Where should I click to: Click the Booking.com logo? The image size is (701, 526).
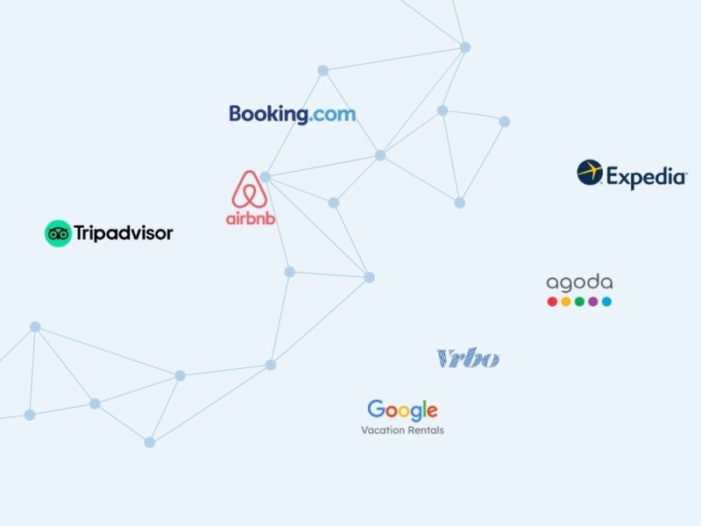coord(293,115)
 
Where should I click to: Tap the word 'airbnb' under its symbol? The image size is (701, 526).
coord(251,218)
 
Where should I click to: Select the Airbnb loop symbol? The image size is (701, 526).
coord(250,189)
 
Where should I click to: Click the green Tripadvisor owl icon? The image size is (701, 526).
coord(58,233)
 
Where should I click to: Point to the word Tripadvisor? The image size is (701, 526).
coord(124,233)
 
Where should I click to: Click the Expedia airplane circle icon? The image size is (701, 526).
coord(590,172)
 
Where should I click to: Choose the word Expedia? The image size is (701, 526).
coord(646,177)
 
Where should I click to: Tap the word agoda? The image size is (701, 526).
coord(579,283)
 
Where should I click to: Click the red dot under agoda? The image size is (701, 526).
coord(552,302)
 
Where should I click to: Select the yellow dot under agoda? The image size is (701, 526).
coord(566,302)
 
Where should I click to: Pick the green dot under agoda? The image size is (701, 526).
coord(579,302)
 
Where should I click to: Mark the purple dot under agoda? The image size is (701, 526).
coord(593,302)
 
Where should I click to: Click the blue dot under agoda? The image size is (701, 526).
coord(606,302)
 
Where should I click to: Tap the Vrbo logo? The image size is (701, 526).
coord(468,359)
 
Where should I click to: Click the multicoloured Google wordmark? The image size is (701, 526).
coord(402,410)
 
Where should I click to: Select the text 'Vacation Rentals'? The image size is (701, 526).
coord(402,430)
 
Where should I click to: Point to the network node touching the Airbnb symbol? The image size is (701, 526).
coord(266,177)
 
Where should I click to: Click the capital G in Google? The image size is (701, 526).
coord(376,409)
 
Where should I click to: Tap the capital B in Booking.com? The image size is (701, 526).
coord(235,114)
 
